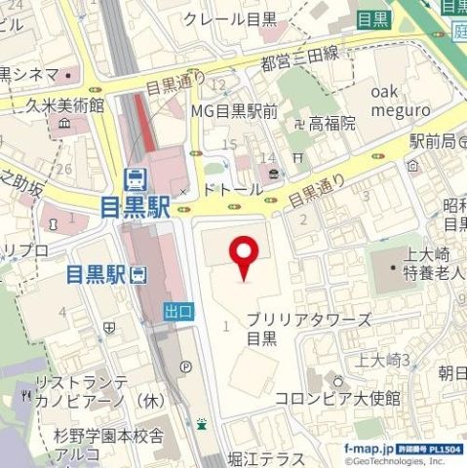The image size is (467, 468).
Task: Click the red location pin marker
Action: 243,258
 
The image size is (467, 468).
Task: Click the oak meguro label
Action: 400,100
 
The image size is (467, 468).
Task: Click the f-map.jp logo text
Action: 368,448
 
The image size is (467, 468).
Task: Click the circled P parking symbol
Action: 185,367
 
